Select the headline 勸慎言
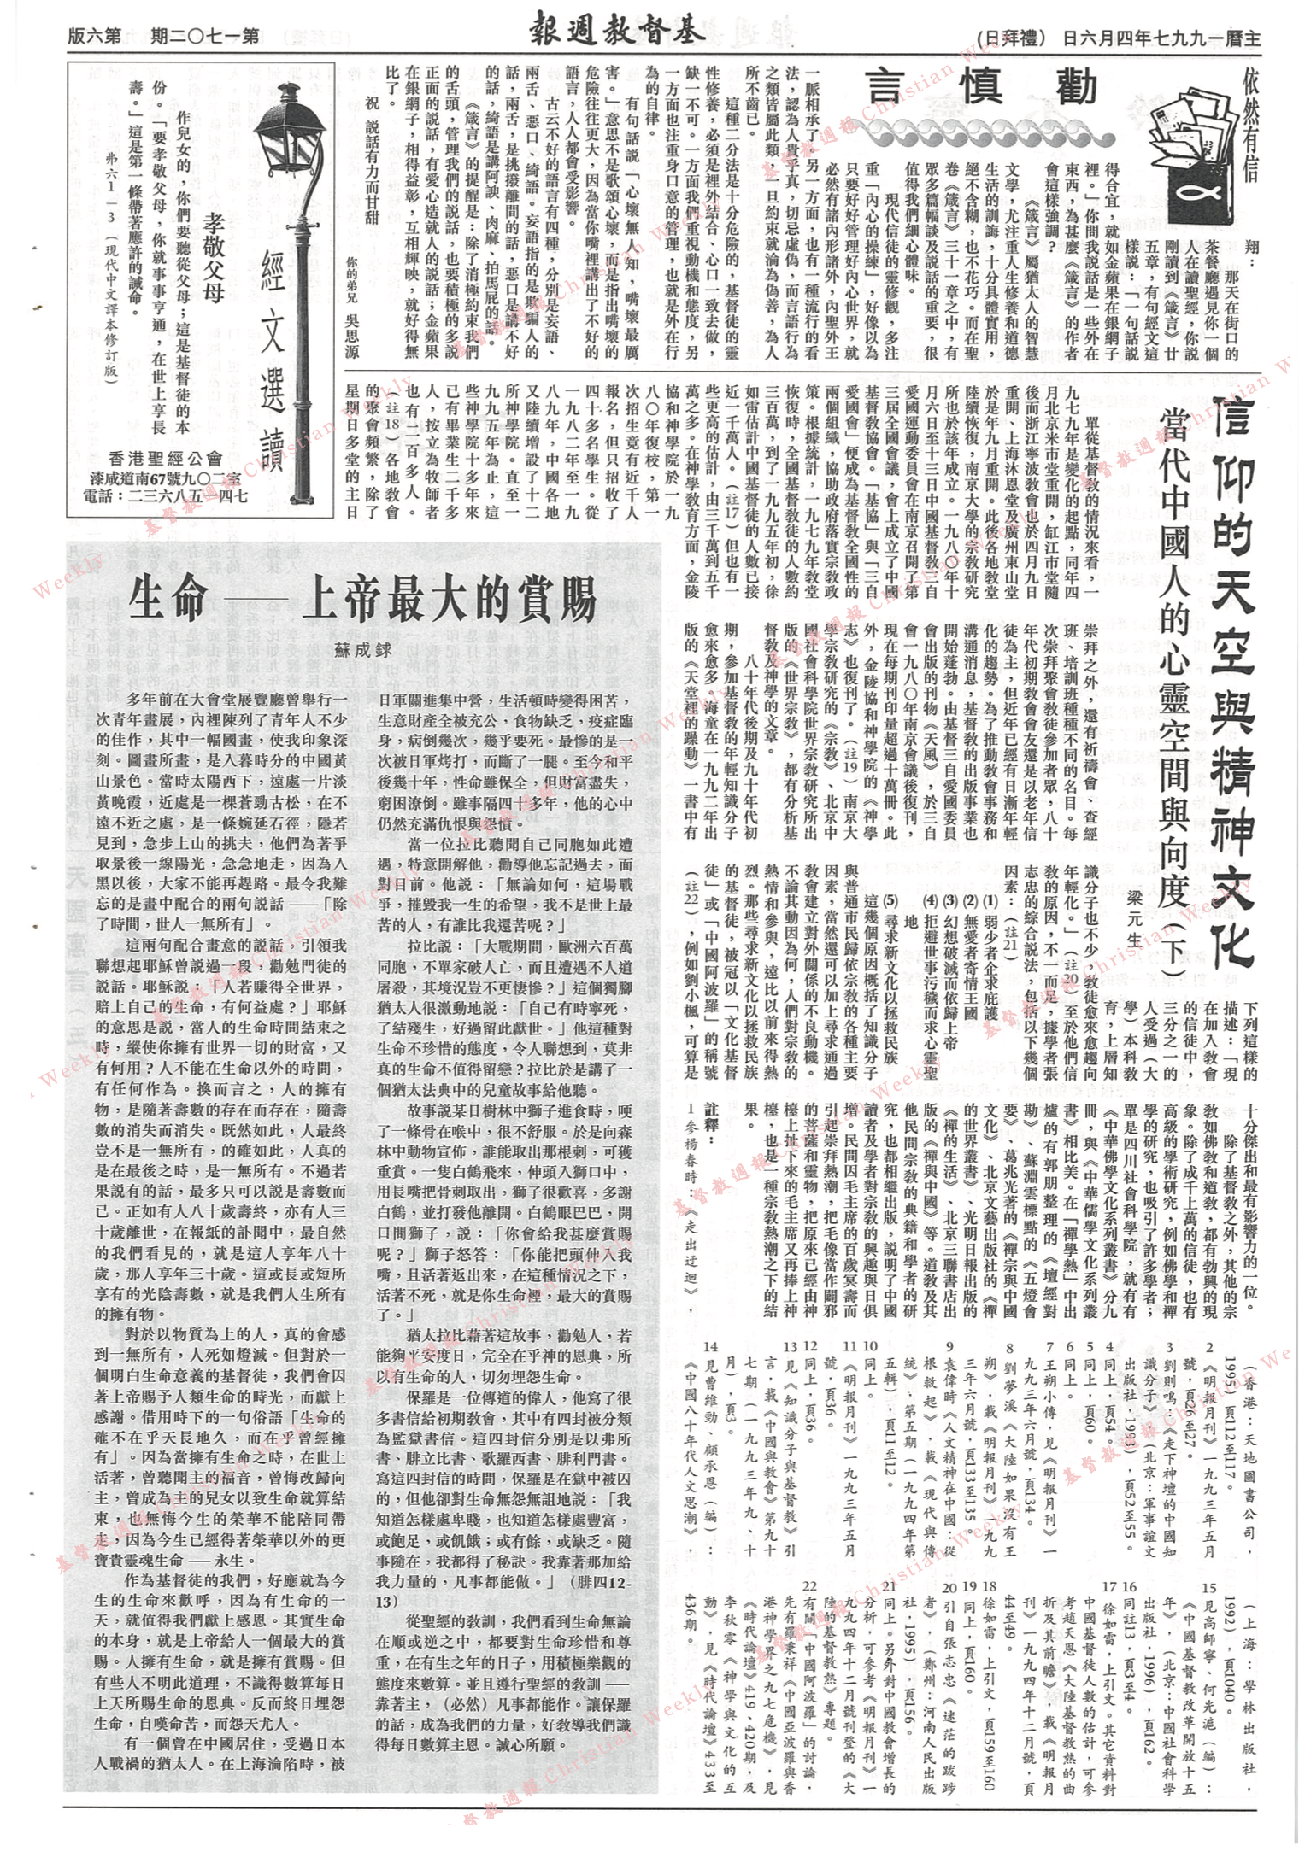(x=985, y=88)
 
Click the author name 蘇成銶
(x=362, y=650)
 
